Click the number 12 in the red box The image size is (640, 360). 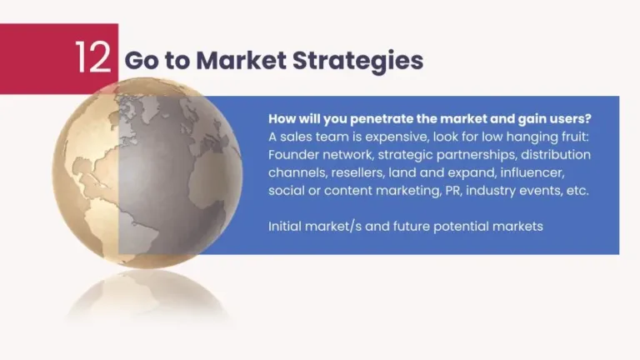tap(92, 57)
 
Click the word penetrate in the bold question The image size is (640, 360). tap(377, 119)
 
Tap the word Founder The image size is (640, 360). tap(292, 155)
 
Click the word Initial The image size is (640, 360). tap(286, 226)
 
